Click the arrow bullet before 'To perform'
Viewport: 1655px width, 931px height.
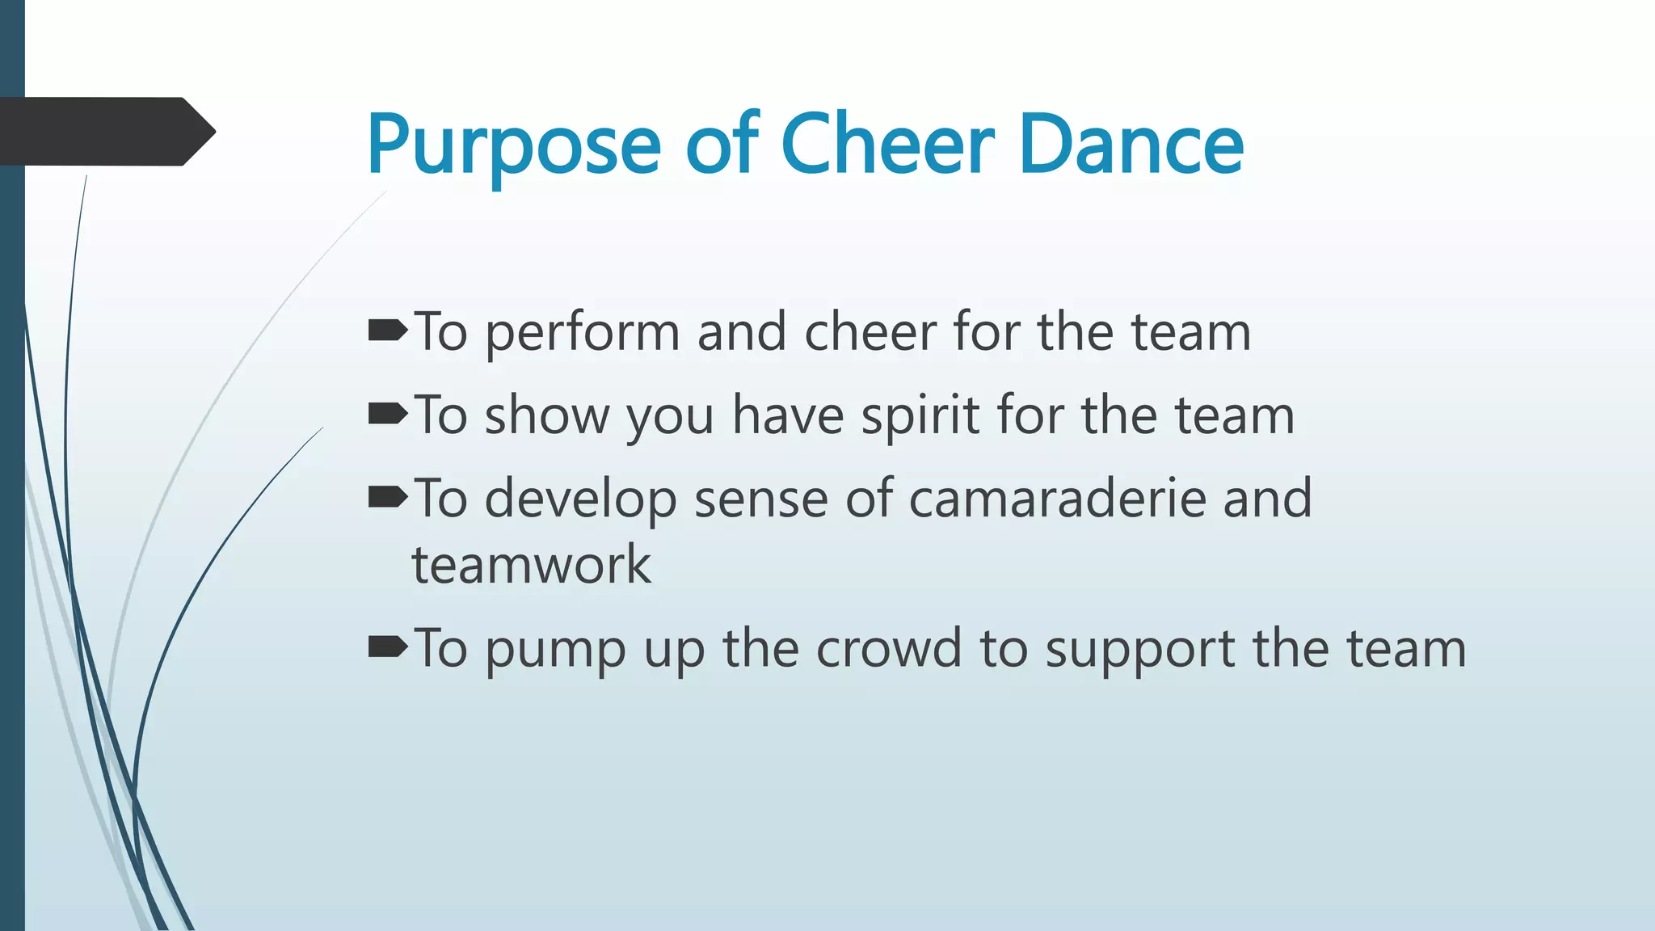click(388, 331)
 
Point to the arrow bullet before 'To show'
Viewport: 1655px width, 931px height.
click(388, 415)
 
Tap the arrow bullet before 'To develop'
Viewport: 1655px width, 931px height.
click(388, 498)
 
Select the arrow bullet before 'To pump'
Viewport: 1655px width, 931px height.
click(388, 647)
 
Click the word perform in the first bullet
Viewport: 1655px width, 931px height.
click(583, 334)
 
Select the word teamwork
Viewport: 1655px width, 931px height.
click(531, 565)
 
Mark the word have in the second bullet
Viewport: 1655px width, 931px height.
click(788, 416)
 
